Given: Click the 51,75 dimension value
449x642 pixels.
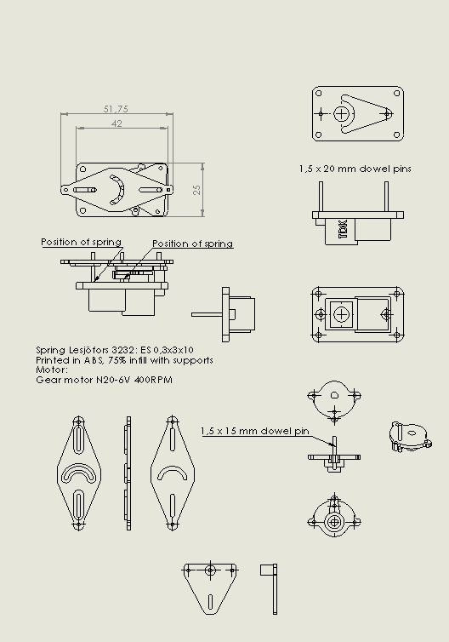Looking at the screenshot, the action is (x=116, y=109).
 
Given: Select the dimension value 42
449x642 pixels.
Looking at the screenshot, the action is (x=117, y=123).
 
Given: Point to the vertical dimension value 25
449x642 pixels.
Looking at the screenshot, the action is (x=196, y=190).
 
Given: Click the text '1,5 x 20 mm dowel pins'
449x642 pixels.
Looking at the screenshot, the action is (x=355, y=169).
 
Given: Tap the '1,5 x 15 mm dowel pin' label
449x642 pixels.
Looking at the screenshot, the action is (x=255, y=431).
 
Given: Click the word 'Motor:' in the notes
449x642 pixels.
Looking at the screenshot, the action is (x=52, y=370).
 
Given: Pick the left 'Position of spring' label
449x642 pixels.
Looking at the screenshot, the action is (x=82, y=242).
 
